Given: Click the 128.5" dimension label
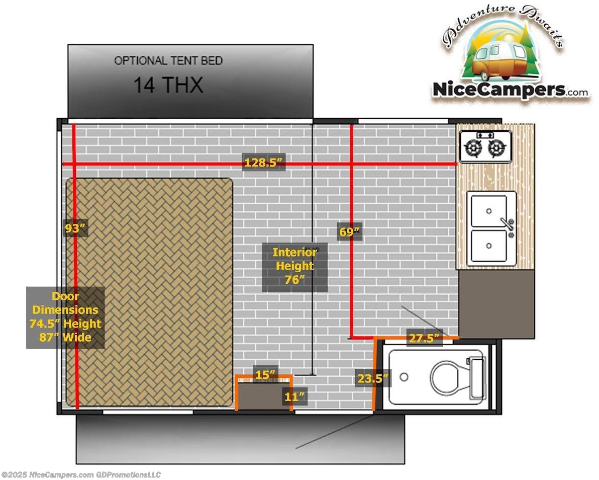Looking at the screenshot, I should point(264,163).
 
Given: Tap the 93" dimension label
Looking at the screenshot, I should point(75,228).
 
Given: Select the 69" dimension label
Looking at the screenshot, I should point(349,232).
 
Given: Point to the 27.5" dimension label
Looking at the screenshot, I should point(424,338).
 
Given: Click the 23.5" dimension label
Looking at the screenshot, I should point(373,379).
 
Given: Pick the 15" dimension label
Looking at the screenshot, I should point(265,375).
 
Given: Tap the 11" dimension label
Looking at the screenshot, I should point(294,396).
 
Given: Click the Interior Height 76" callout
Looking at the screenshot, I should point(294,266).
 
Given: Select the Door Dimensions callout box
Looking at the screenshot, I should point(65,317).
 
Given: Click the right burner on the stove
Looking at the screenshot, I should point(497,148).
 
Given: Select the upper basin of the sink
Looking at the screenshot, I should point(488,210).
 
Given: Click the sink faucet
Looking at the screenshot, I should point(508,226).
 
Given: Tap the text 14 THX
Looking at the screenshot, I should point(168,85).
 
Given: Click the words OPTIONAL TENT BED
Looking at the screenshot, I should point(168,60).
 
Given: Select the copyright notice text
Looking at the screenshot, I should point(81,474).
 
